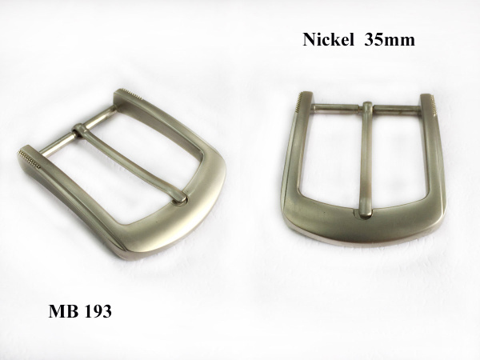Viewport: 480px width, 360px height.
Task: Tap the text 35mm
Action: tap(390, 40)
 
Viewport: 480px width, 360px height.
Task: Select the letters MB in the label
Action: tap(62, 312)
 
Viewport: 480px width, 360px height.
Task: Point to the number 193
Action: tap(98, 312)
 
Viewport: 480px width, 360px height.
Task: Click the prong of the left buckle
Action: tap(132, 163)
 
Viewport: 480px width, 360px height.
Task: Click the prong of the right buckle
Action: tap(366, 161)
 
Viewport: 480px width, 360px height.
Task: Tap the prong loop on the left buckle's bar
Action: tap(79, 130)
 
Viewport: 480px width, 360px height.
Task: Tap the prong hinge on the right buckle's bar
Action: tap(367, 108)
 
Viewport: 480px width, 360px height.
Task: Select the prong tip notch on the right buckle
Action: tap(366, 215)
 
